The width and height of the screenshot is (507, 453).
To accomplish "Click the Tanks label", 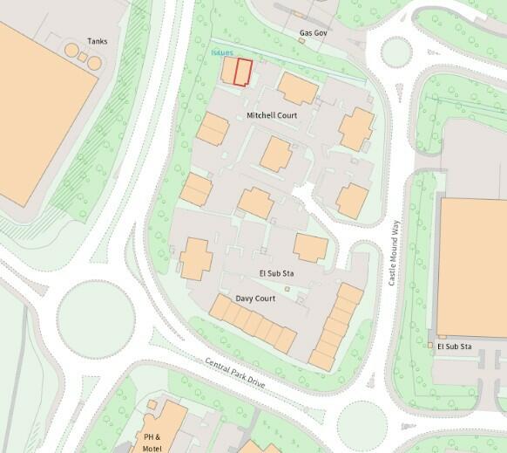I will [97, 41].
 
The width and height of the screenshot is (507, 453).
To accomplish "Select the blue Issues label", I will [222, 52].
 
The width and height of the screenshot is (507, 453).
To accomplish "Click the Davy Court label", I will [255, 299].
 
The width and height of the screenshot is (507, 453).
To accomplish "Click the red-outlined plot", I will [243, 72].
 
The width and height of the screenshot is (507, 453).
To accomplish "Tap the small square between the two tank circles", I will [72, 56].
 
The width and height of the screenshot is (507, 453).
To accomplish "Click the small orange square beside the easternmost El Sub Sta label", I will [430, 347].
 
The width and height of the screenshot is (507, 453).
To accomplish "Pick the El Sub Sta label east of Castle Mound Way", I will [455, 347].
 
